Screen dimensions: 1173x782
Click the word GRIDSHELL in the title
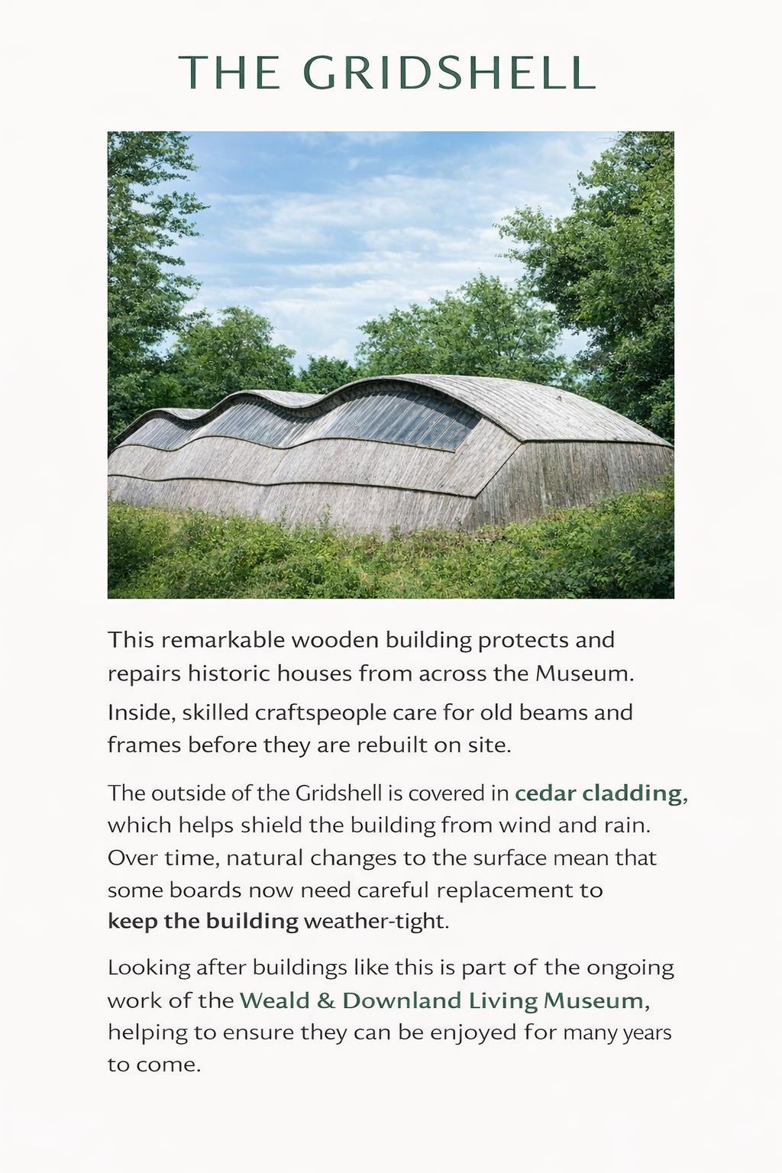pyautogui.click(x=449, y=73)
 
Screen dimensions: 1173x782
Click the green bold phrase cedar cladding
pyautogui.click(x=598, y=793)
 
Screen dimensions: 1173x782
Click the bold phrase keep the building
pyautogui.click(x=202, y=921)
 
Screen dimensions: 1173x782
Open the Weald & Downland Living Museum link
pyautogui.click(x=442, y=1000)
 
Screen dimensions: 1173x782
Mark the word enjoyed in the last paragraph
pyautogui.click(x=473, y=1032)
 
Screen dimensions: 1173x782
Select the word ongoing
pyautogui.click(x=630, y=968)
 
